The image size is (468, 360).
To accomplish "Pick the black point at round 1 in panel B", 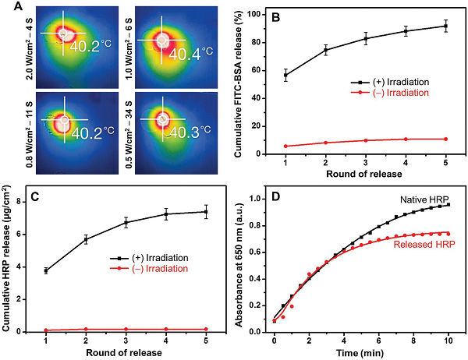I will pyautogui.click(x=285, y=76).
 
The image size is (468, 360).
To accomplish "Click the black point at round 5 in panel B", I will pyautogui.click(x=445, y=26).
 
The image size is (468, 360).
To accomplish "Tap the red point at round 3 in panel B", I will pyautogui.click(x=365, y=140).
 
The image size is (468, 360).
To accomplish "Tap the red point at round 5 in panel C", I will pyautogui.click(x=206, y=329).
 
